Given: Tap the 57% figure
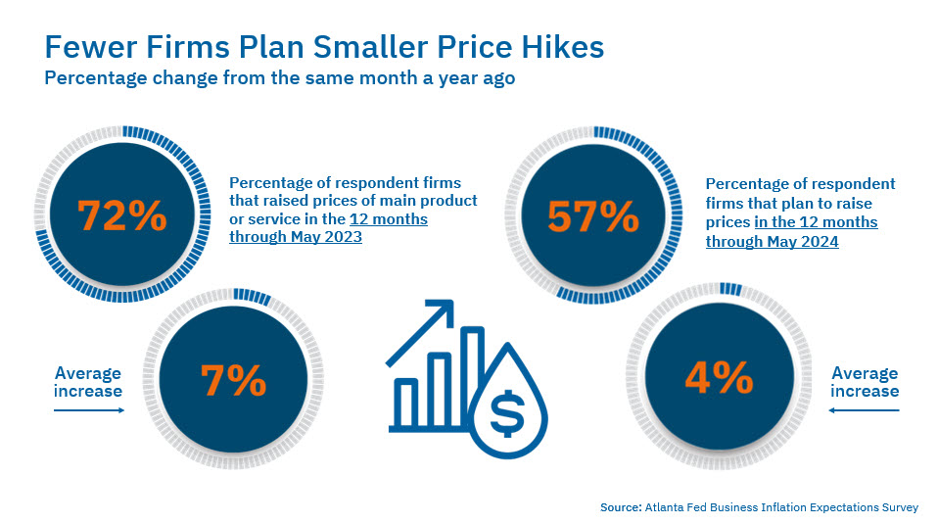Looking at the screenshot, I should point(593,216).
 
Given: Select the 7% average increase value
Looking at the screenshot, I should point(233,380).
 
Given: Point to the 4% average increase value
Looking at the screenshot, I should point(719,377).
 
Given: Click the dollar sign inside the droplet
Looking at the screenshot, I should point(507,415).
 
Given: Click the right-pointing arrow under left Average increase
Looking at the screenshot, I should point(88,410).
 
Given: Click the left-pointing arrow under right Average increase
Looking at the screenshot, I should point(864,410).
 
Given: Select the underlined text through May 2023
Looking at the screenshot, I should point(296,237).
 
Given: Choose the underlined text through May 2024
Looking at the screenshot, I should point(772,242).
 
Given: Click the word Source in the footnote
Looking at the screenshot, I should point(621,507).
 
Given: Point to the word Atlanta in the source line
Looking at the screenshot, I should point(667,507).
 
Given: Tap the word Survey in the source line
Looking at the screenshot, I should point(897,507).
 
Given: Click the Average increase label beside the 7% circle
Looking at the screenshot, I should point(88,382).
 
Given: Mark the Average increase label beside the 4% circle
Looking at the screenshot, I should point(864,382).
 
